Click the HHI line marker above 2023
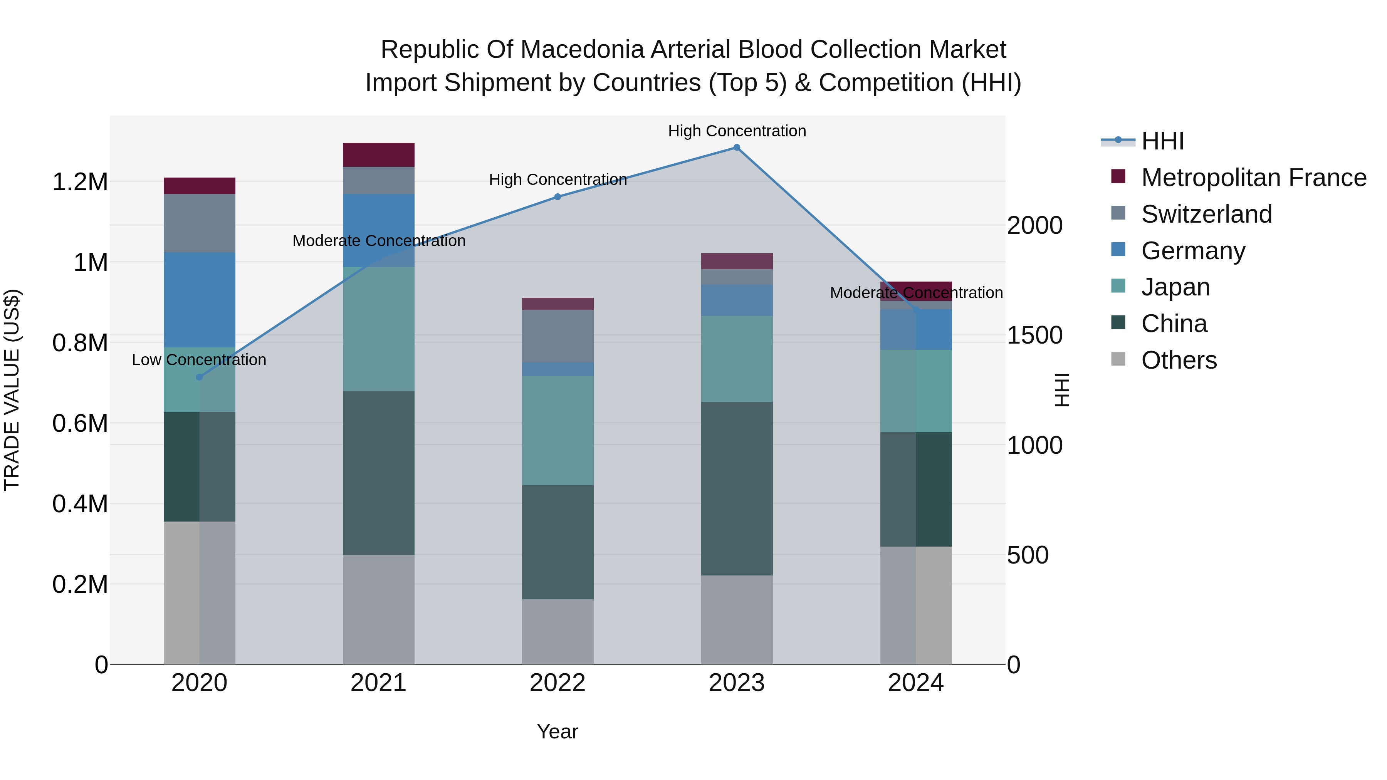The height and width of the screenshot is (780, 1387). tap(737, 148)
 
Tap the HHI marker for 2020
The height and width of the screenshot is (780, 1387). tap(199, 377)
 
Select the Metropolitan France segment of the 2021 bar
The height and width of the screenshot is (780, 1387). tap(378, 155)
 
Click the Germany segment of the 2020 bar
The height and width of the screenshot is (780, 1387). tap(199, 299)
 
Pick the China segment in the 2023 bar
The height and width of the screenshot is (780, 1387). tap(737, 488)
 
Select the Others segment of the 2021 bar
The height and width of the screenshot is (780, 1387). tap(378, 609)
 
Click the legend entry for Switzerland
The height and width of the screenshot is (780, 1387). tap(1206, 214)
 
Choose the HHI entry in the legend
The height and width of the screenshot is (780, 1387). tap(1162, 141)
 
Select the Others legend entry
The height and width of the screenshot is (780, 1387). tap(1179, 360)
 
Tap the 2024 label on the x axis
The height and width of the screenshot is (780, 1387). tap(915, 683)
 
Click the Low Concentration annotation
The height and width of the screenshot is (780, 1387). tap(199, 360)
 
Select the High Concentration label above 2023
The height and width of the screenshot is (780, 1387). tap(737, 131)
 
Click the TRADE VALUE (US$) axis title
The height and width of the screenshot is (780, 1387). tap(12, 390)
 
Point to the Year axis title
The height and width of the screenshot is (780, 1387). tap(557, 731)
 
